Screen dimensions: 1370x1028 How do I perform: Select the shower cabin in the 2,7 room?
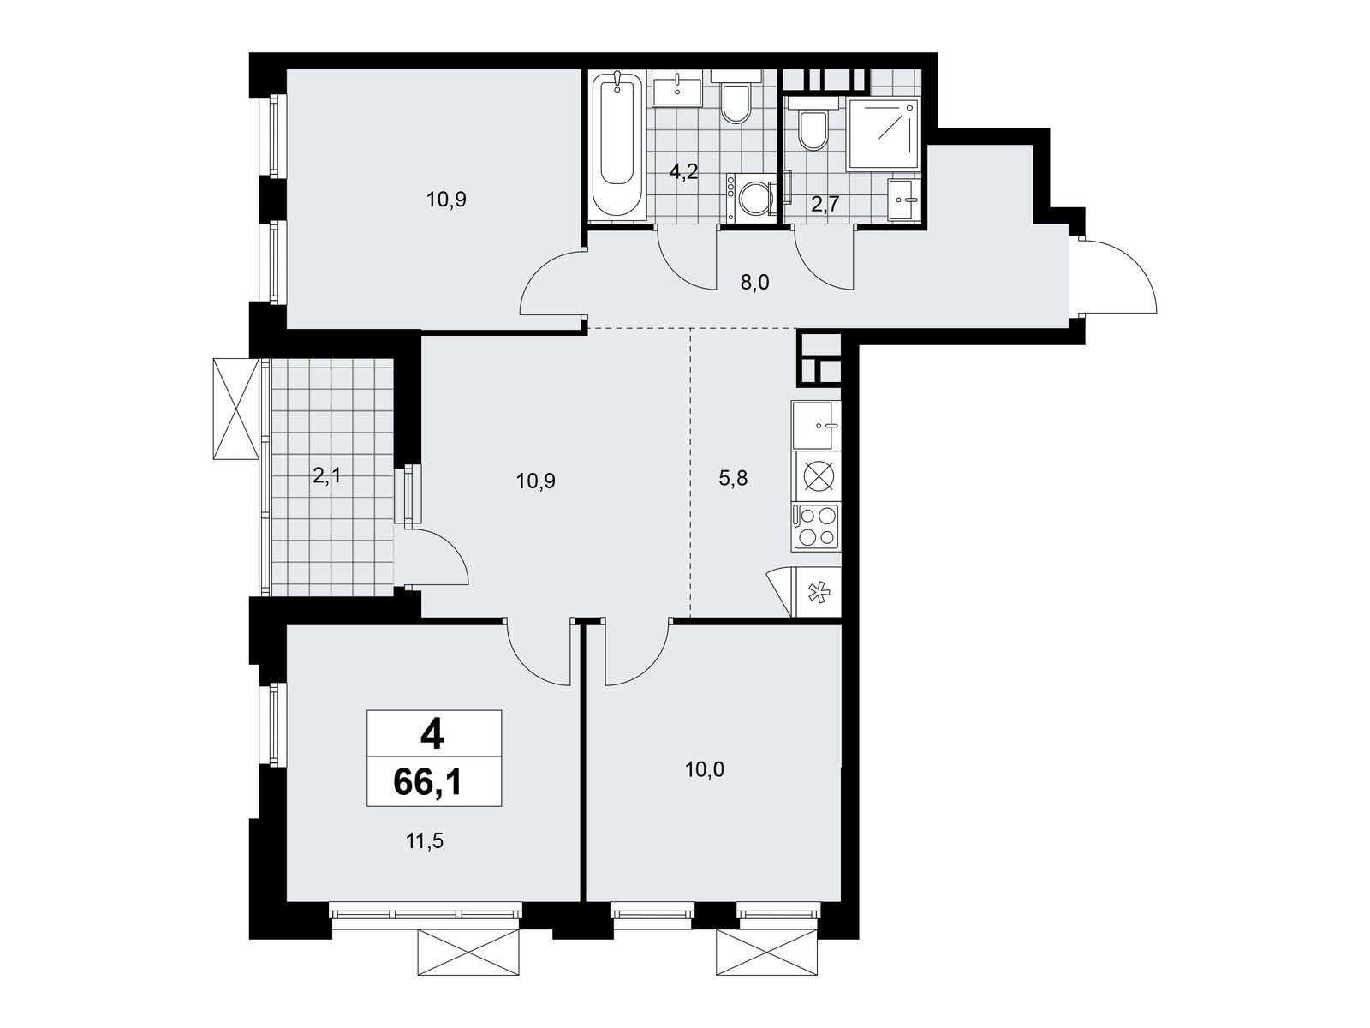pyautogui.click(x=883, y=134)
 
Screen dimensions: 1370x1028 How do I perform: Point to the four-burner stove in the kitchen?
pyautogui.click(x=816, y=527)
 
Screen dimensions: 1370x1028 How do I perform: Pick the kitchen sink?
pyautogui.click(x=816, y=426)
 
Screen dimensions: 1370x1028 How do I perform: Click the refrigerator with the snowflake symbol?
pyautogui.click(x=816, y=592)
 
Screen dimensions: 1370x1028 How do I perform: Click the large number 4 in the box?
pyautogui.click(x=432, y=735)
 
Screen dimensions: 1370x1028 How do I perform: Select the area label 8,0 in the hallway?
pyautogui.click(x=754, y=283)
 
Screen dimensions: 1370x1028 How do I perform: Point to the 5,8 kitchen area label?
pyautogui.click(x=733, y=479)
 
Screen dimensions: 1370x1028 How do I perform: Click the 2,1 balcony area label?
pyautogui.click(x=326, y=476)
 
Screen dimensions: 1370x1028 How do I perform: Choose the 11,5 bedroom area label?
pyautogui.click(x=425, y=841)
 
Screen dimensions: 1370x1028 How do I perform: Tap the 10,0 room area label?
pyautogui.click(x=704, y=769)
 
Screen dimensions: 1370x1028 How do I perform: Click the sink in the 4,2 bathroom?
pyautogui.click(x=677, y=88)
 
